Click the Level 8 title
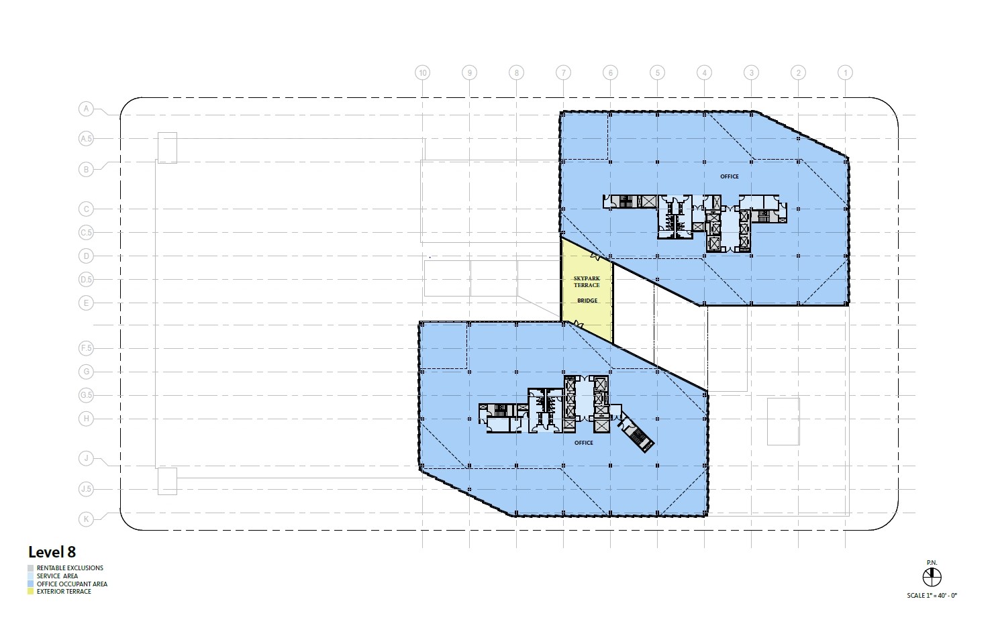[52, 552]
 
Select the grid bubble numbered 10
[422, 72]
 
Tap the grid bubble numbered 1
[845, 72]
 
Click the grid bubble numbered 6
[610, 72]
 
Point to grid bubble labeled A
[86, 109]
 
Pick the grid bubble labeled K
[86, 519]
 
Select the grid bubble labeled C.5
[86, 233]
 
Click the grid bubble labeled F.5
[86, 348]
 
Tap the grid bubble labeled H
[86, 419]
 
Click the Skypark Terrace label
[587, 281]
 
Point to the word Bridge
[587, 301]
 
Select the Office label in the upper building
[729, 176]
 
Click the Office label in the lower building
[583, 443]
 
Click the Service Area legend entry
[57, 576]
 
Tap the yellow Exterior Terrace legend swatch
[30, 592]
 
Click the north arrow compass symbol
[932, 576]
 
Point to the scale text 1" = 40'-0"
[932, 596]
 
